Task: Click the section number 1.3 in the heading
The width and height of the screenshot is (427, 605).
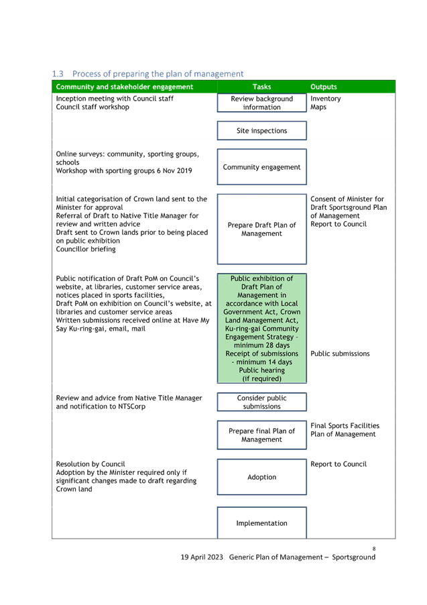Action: pyautogui.click(x=58, y=74)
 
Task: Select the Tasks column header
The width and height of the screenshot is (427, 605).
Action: pyautogui.click(x=262, y=87)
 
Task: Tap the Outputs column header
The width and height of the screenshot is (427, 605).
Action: pyautogui.click(x=324, y=87)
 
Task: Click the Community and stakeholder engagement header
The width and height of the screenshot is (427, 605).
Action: pyautogui.click(x=125, y=87)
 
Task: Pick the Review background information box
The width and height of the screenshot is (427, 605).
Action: pyautogui.click(x=262, y=103)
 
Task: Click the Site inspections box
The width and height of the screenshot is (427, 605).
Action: pyautogui.click(x=262, y=130)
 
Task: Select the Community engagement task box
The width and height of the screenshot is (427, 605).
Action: pyautogui.click(x=262, y=167)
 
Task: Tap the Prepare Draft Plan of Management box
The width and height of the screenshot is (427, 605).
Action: pyautogui.click(x=262, y=229)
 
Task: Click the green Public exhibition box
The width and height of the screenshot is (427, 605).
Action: pyautogui.click(x=262, y=329)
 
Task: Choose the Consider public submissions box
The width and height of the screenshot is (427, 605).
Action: pyautogui.click(x=262, y=402)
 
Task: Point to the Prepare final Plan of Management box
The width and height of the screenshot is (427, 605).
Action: pyautogui.click(x=262, y=435)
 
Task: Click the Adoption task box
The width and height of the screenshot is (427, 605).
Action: pyautogui.click(x=262, y=477)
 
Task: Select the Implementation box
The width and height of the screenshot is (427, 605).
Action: pyautogui.click(x=262, y=522)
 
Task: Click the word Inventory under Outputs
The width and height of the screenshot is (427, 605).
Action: pyautogui.click(x=326, y=99)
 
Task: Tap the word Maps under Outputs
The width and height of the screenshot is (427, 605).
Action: pyautogui.click(x=318, y=107)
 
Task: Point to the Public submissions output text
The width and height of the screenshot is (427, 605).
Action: pyautogui.click(x=340, y=353)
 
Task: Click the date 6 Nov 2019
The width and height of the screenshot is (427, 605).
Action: pyautogui.click(x=174, y=170)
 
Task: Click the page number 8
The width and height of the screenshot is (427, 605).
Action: pyautogui.click(x=374, y=548)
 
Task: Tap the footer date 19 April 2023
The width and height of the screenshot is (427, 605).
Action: pyautogui.click(x=202, y=557)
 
